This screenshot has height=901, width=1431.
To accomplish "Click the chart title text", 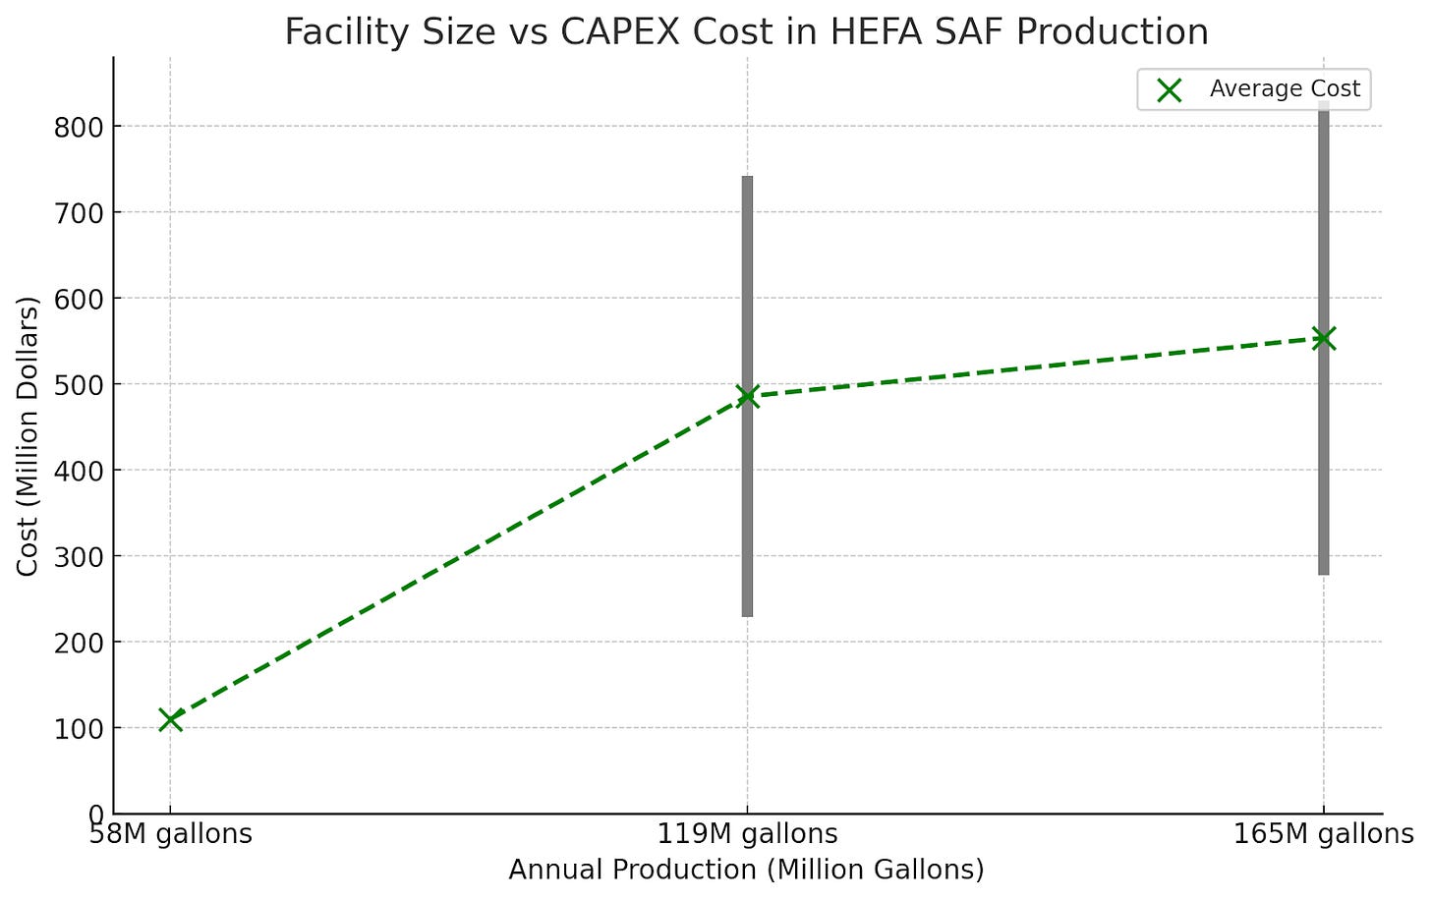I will [x=746, y=31].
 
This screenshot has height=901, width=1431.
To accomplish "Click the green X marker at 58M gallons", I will [x=170, y=719].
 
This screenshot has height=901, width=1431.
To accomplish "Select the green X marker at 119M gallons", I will [x=747, y=397].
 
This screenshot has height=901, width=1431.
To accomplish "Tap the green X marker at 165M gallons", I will [x=1324, y=338].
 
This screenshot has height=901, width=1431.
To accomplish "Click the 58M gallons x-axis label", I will [x=170, y=834].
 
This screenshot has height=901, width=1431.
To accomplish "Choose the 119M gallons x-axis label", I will [x=747, y=834].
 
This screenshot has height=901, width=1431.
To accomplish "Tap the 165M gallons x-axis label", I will [x=1324, y=834].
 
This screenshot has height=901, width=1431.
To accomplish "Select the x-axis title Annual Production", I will [x=746, y=870].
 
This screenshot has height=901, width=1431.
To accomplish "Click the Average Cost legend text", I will [x=1285, y=89].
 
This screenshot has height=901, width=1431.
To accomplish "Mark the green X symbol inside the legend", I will [x=1169, y=90].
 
